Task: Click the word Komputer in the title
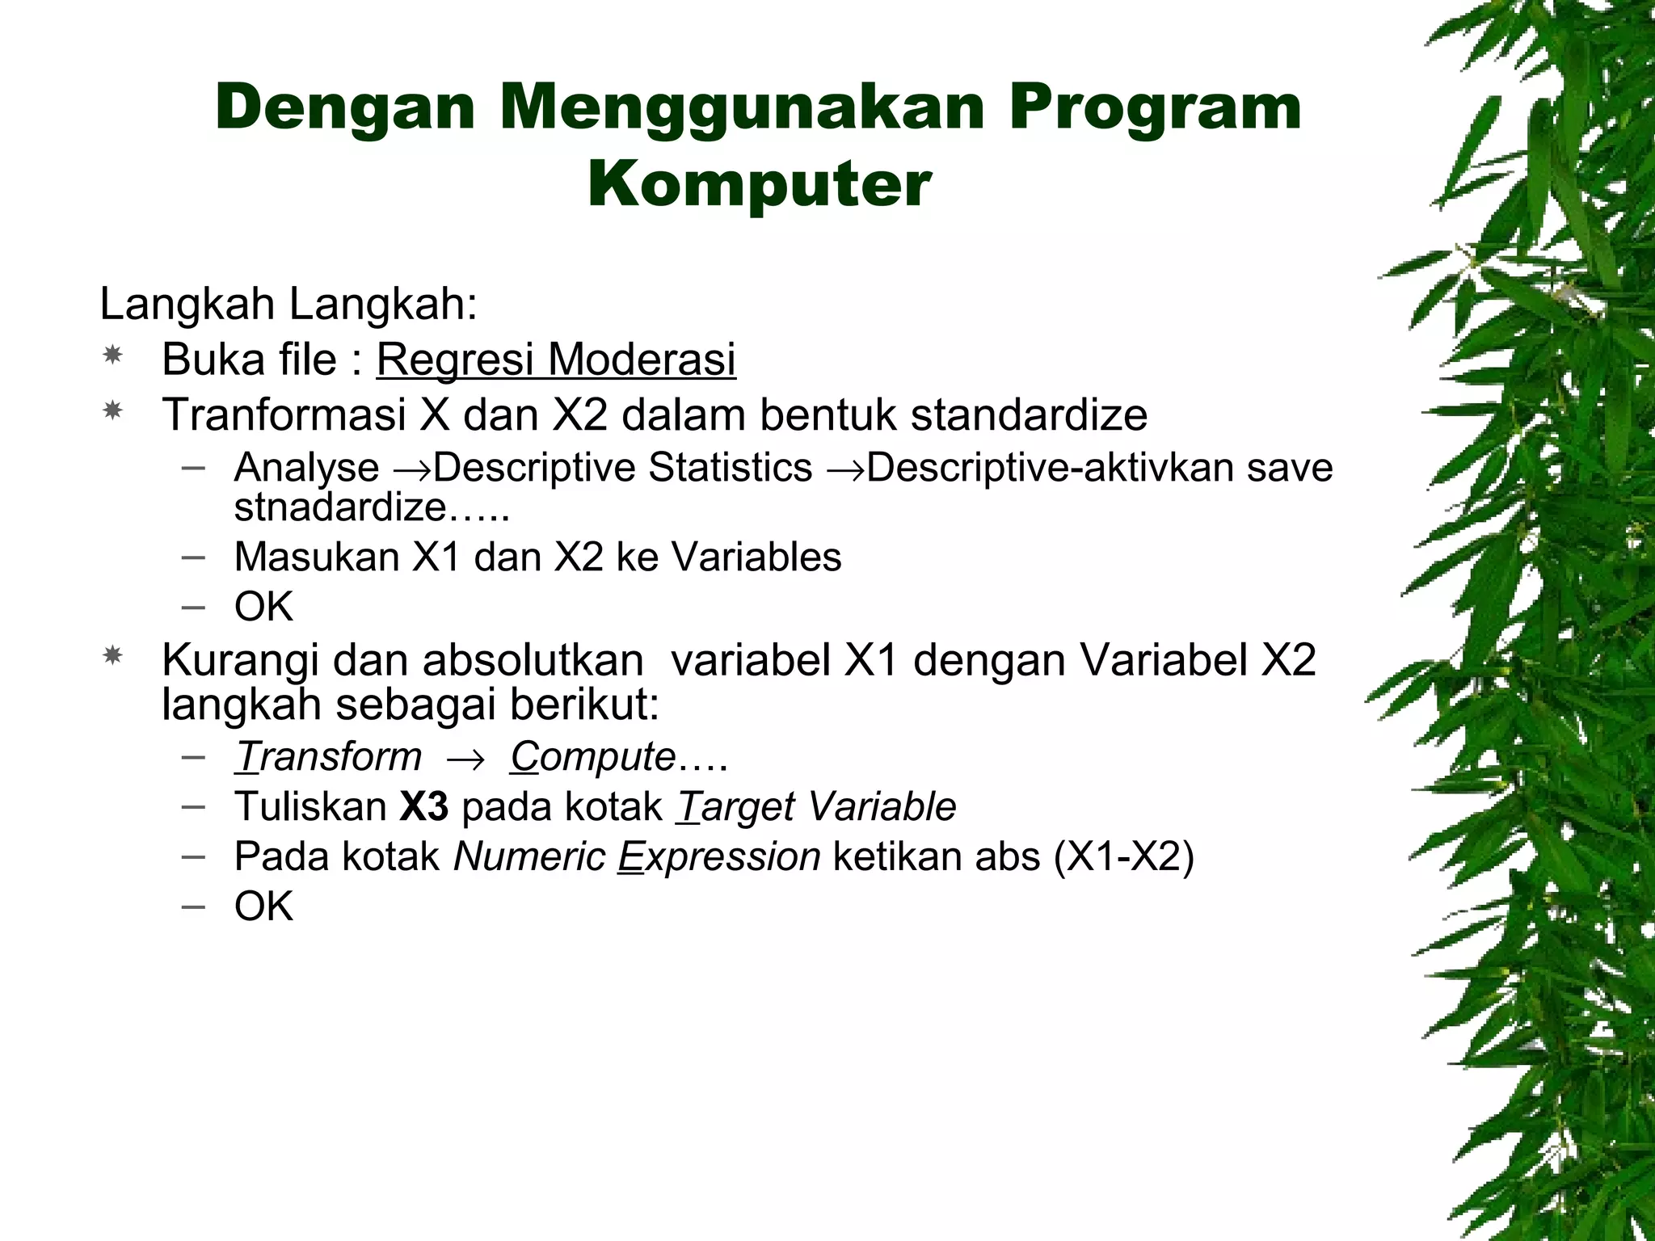point(759,185)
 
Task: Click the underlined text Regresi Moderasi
point(556,359)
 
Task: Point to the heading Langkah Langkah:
point(288,305)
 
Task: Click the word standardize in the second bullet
point(1029,414)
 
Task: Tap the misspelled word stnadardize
point(339,507)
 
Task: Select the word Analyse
point(306,468)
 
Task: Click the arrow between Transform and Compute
point(465,759)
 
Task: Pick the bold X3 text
point(424,806)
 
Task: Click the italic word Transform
point(328,757)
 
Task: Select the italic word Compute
point(592,757)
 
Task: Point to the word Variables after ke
point(756,557)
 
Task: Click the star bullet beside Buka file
point(112,355)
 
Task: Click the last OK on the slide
point(263,906)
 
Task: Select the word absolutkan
point(533,660)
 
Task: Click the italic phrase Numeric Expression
point(637,856)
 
